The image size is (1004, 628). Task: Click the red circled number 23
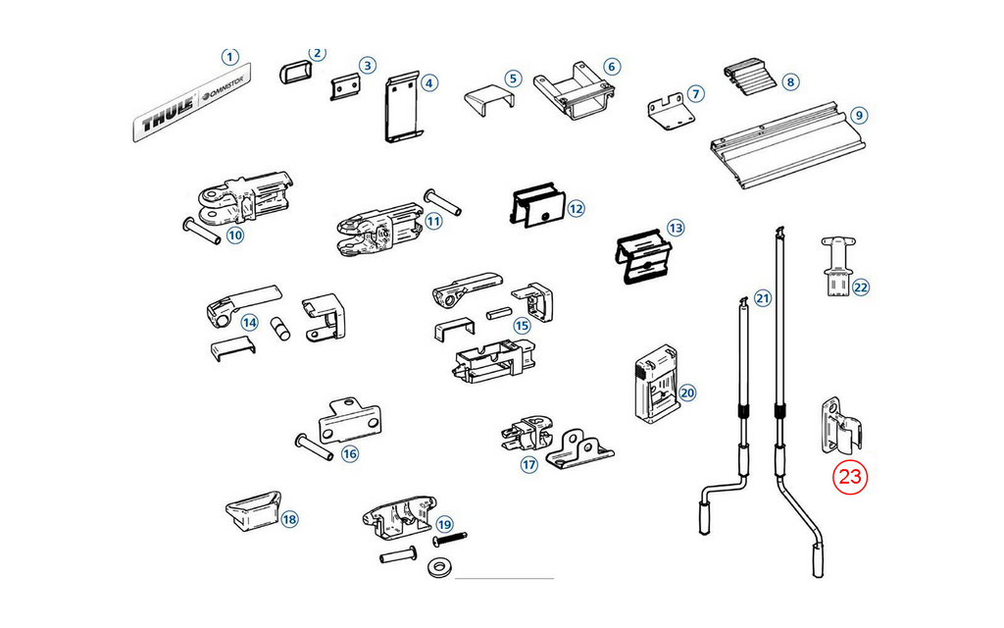click(x=850, y=477)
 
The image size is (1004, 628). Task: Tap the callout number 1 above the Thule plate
click(x=229, y=57)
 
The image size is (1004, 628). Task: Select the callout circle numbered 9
click(x=859, y=116)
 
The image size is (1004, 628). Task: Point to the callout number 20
click(x=687, y=392)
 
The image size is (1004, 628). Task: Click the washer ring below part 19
click(x=438, y=567)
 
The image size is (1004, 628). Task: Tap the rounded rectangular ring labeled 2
click(x=294, y=73)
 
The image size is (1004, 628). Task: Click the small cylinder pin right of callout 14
click(x=279, y=327)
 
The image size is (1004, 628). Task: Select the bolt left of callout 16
click(x=314, y=446)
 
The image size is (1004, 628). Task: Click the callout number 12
click(x=576, y=208)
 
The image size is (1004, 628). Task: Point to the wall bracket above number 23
click(x=841, y=425)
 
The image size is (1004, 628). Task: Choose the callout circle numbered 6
click(x=612, y=67)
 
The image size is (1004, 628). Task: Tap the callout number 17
click(x=528, y=464)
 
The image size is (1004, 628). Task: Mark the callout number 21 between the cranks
click(x=763, y=298)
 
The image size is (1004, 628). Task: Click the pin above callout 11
click(x=442, y=201)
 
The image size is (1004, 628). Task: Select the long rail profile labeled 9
click(x=789, y=144)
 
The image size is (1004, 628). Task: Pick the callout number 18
click(x=289, y=519)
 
